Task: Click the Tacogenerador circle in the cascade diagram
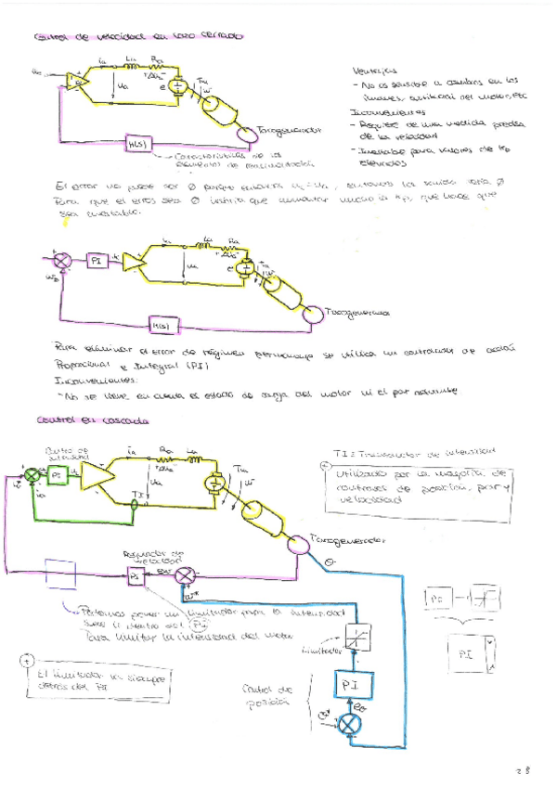[x=298, y=547]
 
